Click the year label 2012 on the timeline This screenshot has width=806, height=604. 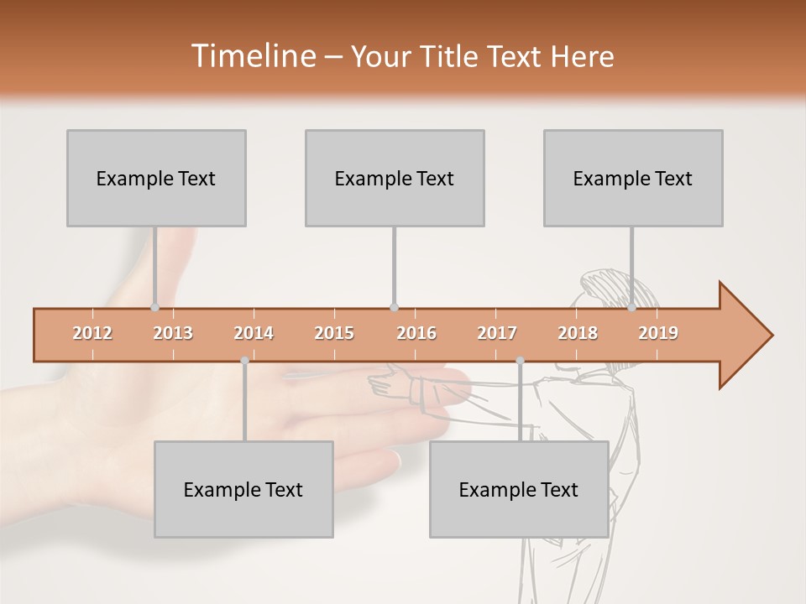coord(92,333)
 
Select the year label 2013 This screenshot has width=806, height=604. coord(173,333)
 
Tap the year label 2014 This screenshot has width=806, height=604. coord(254,333)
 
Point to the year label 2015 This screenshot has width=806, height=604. coord(334,333)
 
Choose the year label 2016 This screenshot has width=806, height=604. coord(416,333)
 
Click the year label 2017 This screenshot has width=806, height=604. coord(497,333)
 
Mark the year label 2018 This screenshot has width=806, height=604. coord(578,333)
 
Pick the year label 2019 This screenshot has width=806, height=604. coord(658,333)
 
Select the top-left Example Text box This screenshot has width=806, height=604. coord(156,178)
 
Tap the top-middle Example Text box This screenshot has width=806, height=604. coord(395,178)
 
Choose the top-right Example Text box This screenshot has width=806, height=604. coord(633,178)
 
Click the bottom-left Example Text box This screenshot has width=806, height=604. coord(243,489)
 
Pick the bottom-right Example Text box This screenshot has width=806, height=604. coord(519,489)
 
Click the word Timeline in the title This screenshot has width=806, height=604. coord(253,56)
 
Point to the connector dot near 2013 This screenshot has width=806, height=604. coord(154,307)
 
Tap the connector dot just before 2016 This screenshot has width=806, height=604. coord(394,307)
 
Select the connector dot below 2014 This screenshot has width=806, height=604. coord(244,361)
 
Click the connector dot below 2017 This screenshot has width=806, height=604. coord(520,361)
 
